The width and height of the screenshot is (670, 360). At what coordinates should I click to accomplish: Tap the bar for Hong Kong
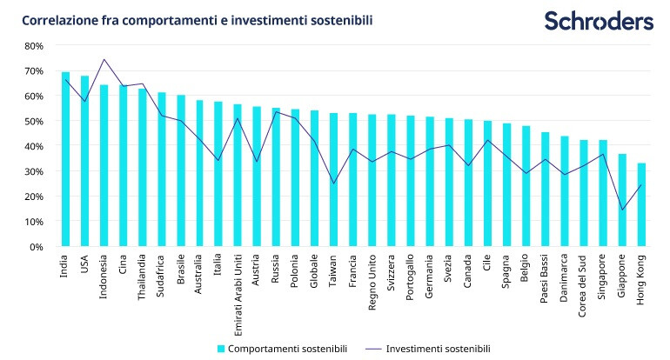pos(641,205)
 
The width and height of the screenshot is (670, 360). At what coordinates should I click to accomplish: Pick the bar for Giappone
pos(622,200)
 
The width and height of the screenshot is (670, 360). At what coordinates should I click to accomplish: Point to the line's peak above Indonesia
pos(104,60)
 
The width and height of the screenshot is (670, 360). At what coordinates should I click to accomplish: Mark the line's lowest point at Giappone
pos(622,210)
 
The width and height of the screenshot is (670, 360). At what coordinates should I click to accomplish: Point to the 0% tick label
pos(36,247)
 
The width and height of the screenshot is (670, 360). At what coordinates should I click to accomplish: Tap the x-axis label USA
pos(84,263)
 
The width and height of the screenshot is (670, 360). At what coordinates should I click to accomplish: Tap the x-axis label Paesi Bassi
pos(545,278)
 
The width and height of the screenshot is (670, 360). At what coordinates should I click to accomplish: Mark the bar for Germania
pos(430,182)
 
